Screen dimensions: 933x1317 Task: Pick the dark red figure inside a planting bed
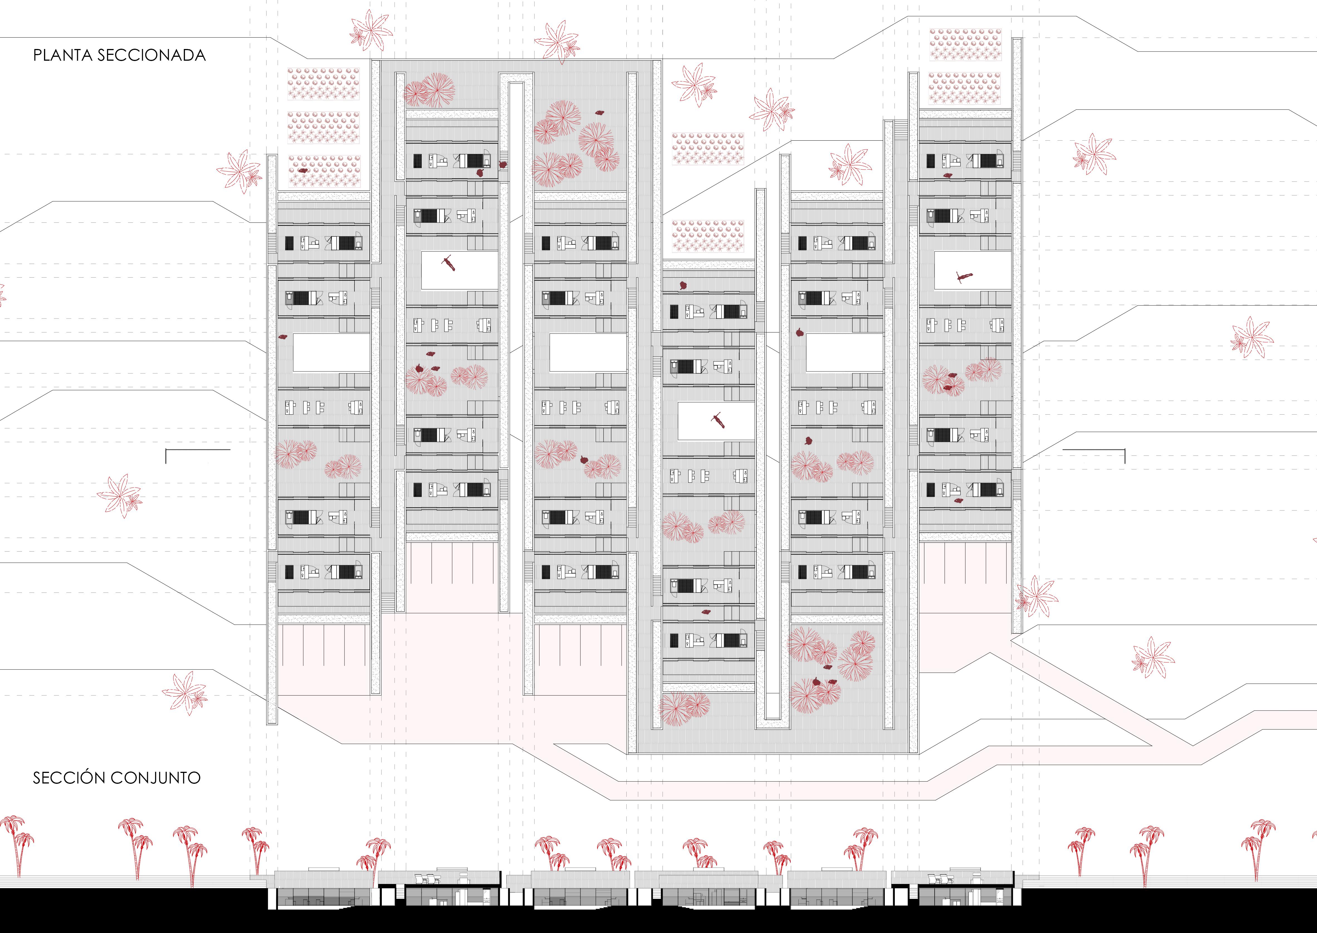point(302,171)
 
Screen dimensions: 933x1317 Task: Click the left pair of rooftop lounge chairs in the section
point(425,879)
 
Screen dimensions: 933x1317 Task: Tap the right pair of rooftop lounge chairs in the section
point(938,879)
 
